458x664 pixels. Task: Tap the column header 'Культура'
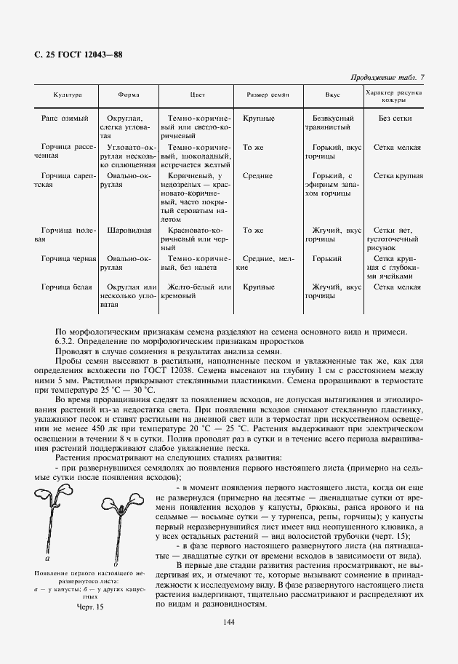click(67, 95)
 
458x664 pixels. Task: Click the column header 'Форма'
click(129, 95)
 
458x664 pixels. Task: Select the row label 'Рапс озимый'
click(65, 118)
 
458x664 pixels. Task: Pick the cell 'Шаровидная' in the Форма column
click(129, 231)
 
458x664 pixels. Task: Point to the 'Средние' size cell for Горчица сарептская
click(257, 176)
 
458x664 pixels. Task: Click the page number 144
click(228, 621)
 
